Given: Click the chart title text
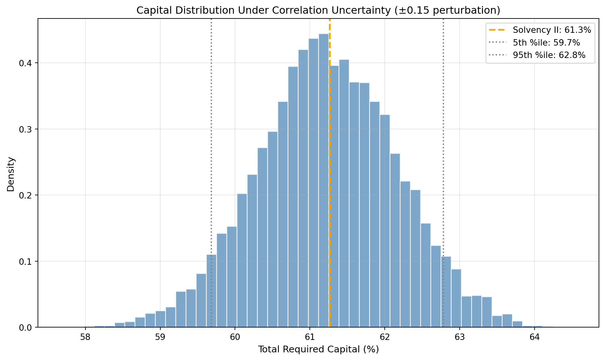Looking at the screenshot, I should (318, 11).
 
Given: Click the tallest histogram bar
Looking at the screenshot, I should (324, 178).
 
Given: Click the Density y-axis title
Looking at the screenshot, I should (11, 174).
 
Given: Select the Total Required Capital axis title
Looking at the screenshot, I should (318, 349).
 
